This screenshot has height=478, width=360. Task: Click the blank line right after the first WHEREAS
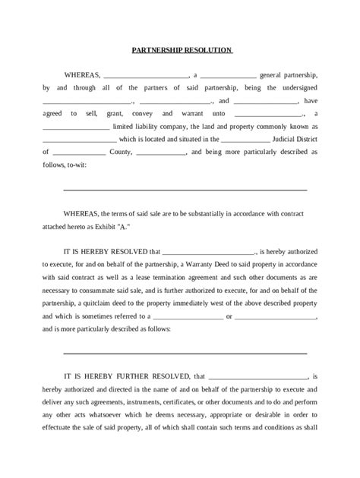point(144,76)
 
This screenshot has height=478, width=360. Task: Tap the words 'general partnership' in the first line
point(294,76)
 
